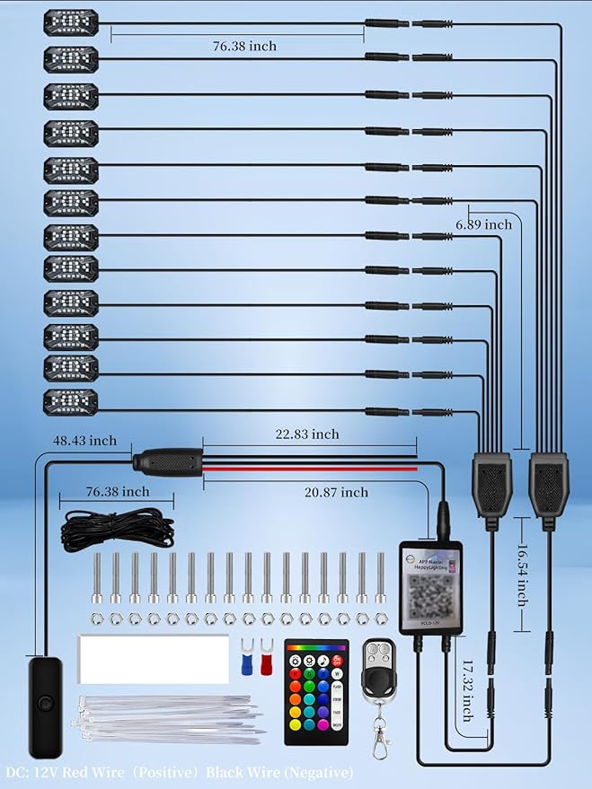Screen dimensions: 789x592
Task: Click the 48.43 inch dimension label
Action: [x=85, y=442]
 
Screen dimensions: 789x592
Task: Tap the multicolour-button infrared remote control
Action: [x=315, y=690]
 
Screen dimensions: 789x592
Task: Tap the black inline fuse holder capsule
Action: [x=167, y=464]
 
